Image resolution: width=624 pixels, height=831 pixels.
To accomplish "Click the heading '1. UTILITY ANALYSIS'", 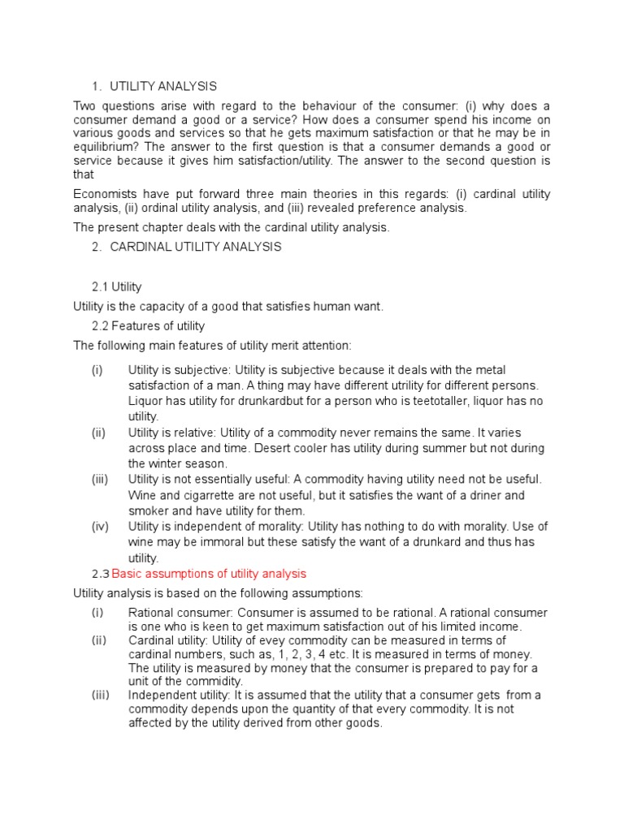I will coord(154,86).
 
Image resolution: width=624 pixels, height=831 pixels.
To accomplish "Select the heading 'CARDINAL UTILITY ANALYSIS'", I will coord(196,248).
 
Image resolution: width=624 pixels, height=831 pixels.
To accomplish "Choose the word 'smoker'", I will coord(147,510).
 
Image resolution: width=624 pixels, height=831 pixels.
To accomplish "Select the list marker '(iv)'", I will coord(99,527).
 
